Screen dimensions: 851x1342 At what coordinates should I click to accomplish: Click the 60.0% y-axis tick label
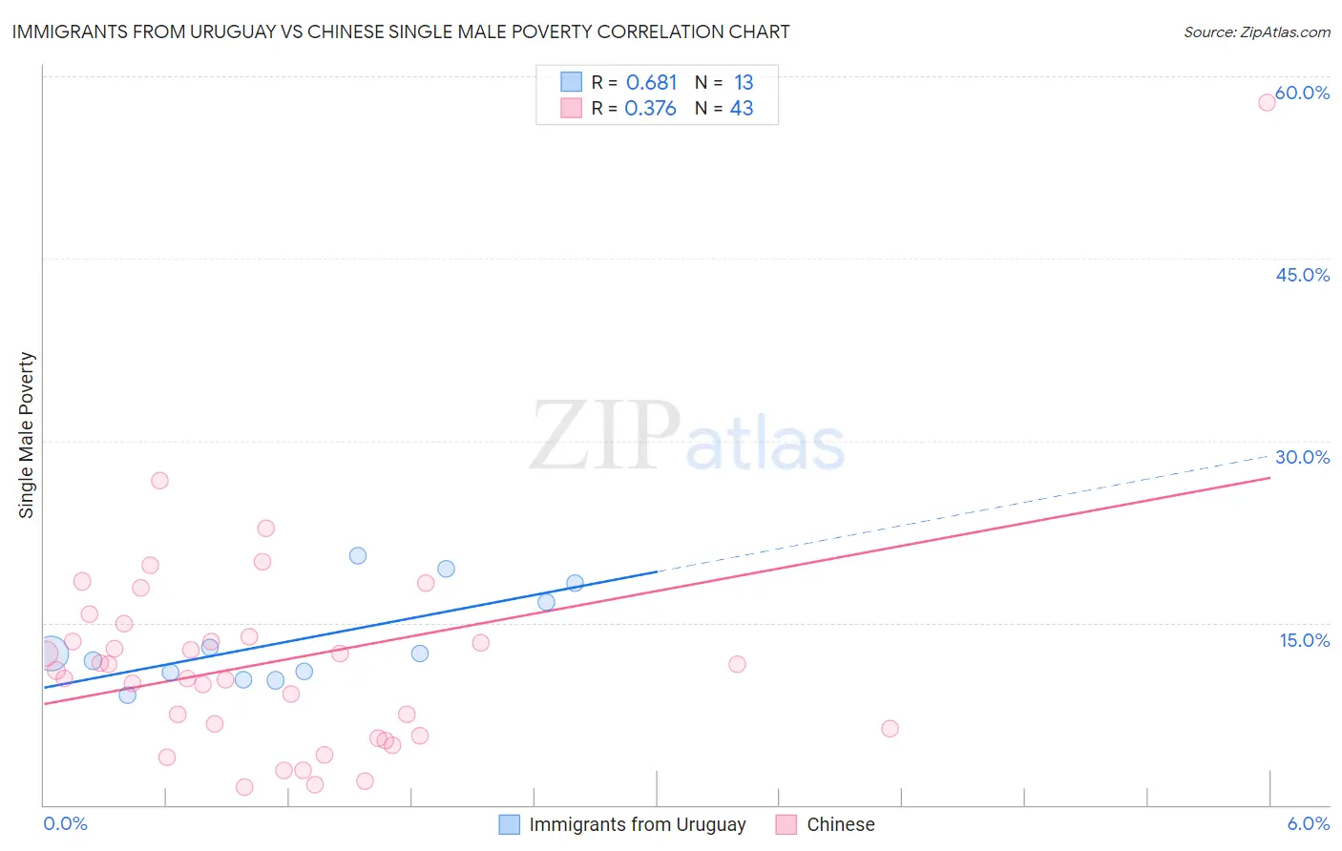[x=1302, y=93]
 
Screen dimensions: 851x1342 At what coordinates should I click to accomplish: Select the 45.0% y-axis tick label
[x=1302, y=275]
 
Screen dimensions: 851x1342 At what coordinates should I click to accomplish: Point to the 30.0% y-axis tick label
[x=1302, y=457]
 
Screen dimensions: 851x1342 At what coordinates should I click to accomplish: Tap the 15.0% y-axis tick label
[x=1304, y=640]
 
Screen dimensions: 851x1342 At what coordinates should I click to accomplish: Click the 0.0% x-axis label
[x=65, y=823]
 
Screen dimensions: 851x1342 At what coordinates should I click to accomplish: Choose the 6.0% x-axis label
[x=1308, y=823]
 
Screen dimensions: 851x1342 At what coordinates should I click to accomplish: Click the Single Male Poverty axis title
[x=27, y=435]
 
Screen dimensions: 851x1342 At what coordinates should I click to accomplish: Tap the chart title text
[x=401, y=31]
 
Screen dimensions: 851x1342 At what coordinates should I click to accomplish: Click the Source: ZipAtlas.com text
[x=1256, y=32]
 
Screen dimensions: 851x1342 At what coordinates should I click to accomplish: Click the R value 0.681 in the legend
[x=651, y=83]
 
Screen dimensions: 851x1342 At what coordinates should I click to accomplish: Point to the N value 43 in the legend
[x=742, y=109]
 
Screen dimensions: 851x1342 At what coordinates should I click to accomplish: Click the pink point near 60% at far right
[x=1267, y=102]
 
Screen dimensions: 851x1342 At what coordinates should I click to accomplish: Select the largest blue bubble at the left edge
[x=51, y=654]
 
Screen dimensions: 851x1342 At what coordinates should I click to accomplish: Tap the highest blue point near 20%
[x=358, y=555]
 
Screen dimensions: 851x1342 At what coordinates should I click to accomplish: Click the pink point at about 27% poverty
[x=159, y=480]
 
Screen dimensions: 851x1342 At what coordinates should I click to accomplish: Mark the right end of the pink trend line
[x=1269, y=477]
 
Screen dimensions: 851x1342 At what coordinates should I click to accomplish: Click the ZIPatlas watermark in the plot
[x=687, y=437]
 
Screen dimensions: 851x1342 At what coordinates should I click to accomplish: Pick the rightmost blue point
[x=575, y=583]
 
